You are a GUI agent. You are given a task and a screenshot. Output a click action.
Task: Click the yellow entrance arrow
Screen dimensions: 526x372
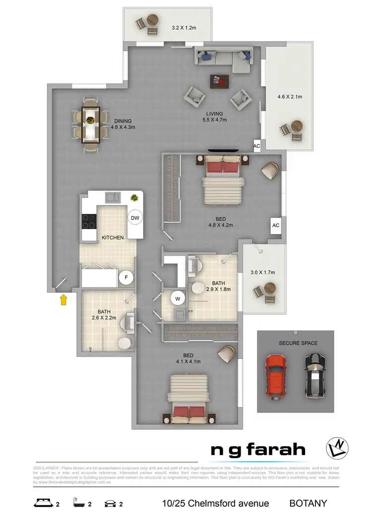(x=63, y=299)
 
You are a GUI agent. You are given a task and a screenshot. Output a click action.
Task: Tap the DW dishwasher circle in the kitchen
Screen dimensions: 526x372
(x=134, y=218)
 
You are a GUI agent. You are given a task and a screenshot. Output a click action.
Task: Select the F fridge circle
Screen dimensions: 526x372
(x=126, y=278)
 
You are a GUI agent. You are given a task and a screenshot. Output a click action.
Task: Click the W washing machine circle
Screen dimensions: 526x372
(x=177, y=298)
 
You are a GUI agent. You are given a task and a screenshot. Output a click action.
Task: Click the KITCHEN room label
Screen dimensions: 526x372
(x=113, y=237)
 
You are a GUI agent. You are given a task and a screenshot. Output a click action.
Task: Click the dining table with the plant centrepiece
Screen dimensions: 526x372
(x=91, y=124)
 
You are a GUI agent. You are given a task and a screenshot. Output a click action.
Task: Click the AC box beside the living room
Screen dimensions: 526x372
(x=257, y=146)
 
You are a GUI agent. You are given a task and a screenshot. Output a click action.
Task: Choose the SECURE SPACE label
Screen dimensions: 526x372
(x=298, y=343)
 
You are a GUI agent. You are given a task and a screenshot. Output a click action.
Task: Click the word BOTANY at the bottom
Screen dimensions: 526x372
(x=308, y=504)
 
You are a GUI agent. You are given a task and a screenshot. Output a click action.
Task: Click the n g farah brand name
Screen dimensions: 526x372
(x=258, y=450)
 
